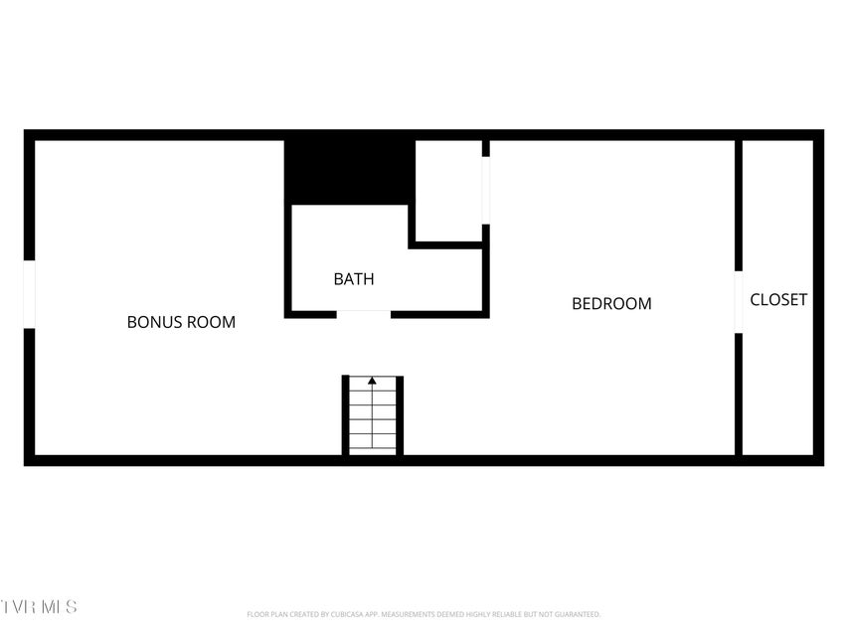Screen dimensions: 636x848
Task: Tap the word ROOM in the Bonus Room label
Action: click(x=214, y=322)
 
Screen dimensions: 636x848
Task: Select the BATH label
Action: click(x=354, y=279)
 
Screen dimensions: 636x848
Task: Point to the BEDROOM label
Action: click(x=611, y=304)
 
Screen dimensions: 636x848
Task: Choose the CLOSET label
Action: click(x=778, y=299)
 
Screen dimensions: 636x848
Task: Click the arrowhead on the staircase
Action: click(x=373, y=381)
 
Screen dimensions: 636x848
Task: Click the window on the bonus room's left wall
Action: click(x=30, y=294)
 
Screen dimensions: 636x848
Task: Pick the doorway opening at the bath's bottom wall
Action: click(x=363, y=314)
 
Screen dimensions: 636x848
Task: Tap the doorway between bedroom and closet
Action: click(x=739, y=302)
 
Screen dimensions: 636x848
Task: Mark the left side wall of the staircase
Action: click(x=346, y=415)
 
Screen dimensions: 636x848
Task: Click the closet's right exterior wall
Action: click(x=818, y=298)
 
